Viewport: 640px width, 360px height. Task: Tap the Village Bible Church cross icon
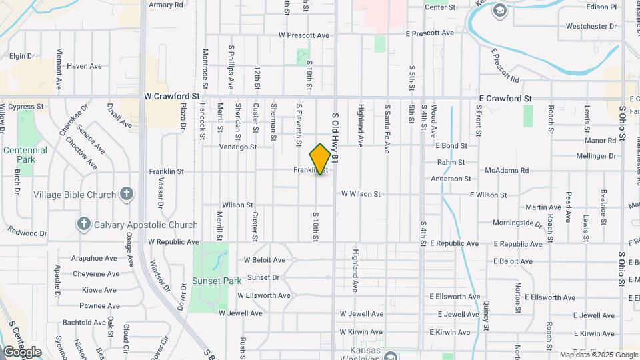127,195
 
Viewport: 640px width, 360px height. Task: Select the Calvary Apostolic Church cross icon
83,224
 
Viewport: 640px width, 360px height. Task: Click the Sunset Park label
217,281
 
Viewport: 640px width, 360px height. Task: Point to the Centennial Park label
25,155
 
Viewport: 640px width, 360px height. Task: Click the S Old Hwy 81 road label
335,139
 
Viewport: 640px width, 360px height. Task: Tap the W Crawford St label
172,96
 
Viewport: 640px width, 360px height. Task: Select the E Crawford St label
505,98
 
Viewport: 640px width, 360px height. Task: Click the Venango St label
239,146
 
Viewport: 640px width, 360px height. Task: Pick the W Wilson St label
361,193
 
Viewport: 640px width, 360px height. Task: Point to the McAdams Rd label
507,171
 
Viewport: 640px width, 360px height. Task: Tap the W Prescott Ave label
304,35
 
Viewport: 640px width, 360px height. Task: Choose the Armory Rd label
166,5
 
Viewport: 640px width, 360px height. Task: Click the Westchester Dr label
591,26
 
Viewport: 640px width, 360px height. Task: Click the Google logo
22,351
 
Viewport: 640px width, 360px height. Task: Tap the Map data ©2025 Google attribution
598,355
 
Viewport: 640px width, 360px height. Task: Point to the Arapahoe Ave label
95,258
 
